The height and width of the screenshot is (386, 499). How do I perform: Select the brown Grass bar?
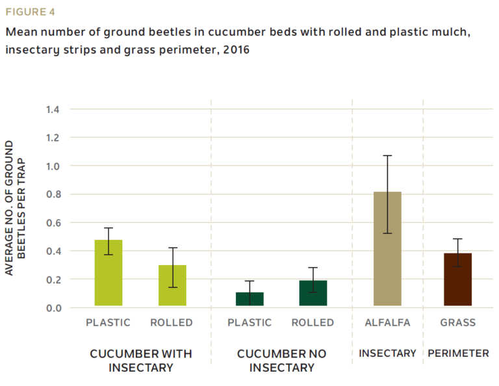[457, 279]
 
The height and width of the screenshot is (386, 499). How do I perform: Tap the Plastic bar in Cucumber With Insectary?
[109, 273]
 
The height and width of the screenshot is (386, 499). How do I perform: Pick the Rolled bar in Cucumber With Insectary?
[172, 285]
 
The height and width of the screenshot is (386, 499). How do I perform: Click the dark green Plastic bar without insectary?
[249, 299]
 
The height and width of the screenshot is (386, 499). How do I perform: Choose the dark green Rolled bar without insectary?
[313, 293]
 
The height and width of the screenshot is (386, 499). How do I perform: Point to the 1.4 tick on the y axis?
[53, 109]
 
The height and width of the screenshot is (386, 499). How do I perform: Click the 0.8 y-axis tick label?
[53, 194]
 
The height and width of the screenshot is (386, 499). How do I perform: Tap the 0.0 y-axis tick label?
[53, 307]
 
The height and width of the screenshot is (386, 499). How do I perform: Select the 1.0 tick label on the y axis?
[53, 166]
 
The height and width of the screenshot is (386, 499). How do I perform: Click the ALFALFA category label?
[387, 322]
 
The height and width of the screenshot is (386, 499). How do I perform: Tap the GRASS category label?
[457, 322]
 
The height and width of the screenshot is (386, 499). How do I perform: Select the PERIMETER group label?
[458, 354]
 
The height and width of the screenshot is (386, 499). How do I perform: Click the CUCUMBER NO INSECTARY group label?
[281, 361]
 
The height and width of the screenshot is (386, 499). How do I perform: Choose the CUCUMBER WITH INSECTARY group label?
[140, 361]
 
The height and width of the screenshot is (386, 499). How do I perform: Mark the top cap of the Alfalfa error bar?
[387, 156]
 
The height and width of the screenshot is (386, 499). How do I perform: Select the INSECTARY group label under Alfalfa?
[387, 354]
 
